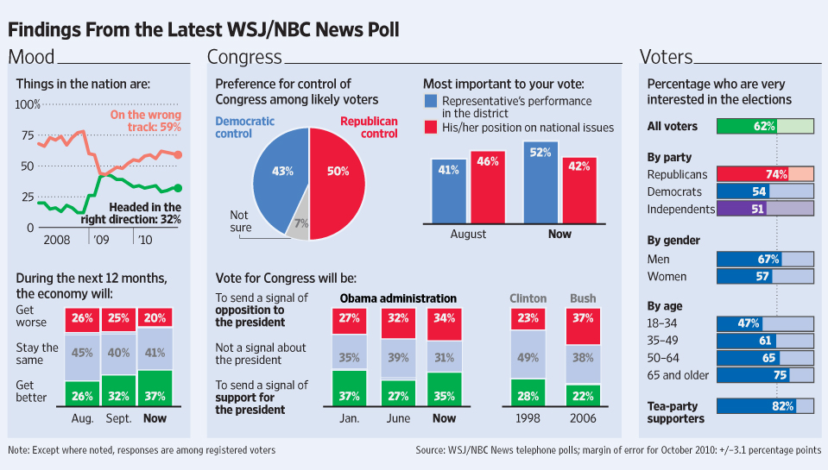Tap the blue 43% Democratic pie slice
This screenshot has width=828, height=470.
[279, 172]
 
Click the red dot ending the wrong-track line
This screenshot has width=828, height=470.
[179, 155]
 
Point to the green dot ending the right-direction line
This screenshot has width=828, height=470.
[179, 187]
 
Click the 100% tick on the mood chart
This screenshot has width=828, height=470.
[28, 104]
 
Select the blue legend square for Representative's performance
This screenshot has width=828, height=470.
[431, 102]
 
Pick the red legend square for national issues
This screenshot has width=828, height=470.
[431, 127]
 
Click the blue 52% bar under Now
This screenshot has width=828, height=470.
[541, 181]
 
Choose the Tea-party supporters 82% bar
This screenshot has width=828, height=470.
[756, 406]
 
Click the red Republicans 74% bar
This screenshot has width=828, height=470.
[752, 174]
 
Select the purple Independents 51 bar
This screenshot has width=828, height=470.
[740, 209]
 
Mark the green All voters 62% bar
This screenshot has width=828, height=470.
[747, 126]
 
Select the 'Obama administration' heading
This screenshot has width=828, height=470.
[398, 298]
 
